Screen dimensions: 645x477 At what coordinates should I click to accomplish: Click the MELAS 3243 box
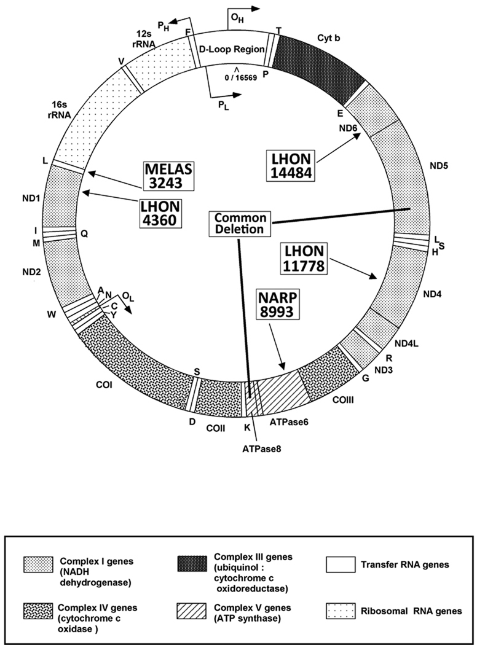pos(168,176)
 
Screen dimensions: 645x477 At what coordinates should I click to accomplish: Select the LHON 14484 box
pos(291,164)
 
